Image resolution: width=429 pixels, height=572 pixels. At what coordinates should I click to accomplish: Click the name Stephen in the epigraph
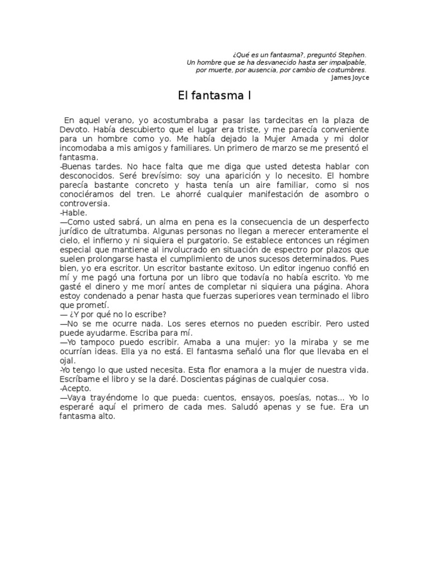tap(352, 55)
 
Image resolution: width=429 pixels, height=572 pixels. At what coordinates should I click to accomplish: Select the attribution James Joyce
tap(350, 78)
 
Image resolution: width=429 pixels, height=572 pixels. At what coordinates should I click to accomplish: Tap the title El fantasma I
tap(214, 96)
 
